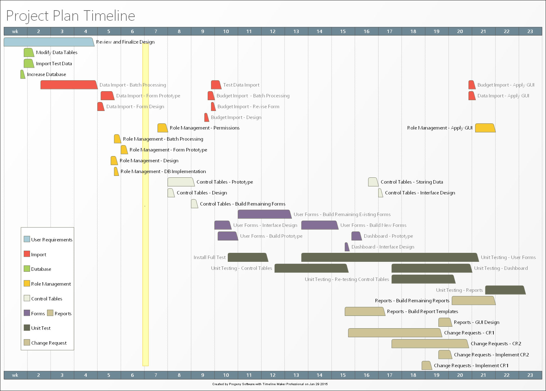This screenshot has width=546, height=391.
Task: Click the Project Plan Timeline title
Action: point(71,16)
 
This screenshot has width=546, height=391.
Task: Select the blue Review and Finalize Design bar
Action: point(48,42)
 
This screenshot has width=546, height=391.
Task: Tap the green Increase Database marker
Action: point(23,74)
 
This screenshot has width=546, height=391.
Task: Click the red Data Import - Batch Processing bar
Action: point(68,85)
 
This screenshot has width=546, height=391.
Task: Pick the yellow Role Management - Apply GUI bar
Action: point(485,128)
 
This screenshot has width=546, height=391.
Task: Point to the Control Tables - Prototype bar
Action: point(180,182)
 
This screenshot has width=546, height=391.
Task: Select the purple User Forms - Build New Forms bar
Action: point(319,225)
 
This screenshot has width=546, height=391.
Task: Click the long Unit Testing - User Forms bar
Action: point(389,257)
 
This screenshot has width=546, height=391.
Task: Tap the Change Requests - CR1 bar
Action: point(394,333)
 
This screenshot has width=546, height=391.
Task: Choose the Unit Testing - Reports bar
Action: point(505,290)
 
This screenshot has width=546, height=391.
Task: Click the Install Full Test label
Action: point(210,257)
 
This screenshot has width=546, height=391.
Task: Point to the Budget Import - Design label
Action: point(236,117)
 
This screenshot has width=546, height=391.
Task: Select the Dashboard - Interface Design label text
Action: point(383,247)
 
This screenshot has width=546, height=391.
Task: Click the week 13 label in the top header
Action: point(296,31)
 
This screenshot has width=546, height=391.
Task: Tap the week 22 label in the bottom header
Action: point(506,375)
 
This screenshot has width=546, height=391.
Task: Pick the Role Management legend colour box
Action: point(27,283)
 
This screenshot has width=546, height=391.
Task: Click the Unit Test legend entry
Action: point(41,328)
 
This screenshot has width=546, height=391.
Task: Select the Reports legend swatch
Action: point(50,313)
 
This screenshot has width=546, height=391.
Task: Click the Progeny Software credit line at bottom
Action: point(270,384)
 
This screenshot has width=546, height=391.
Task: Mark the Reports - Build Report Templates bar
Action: point(364,312)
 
